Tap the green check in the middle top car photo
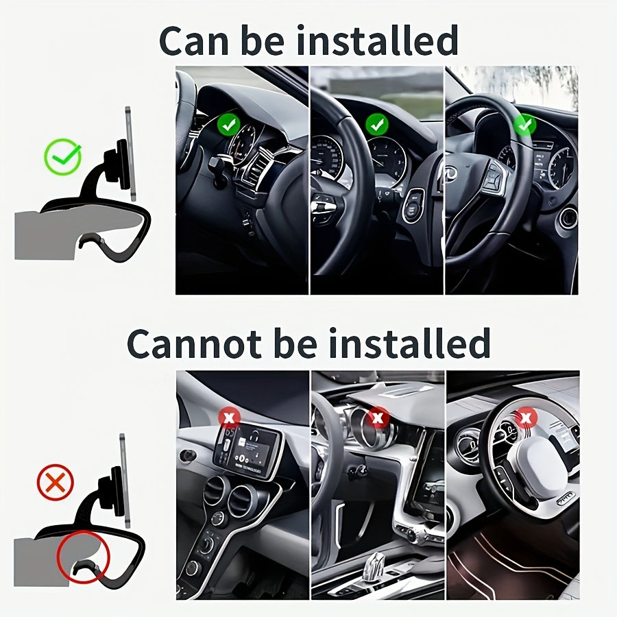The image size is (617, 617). pos(376,124)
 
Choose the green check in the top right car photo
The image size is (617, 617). pos(524,125)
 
